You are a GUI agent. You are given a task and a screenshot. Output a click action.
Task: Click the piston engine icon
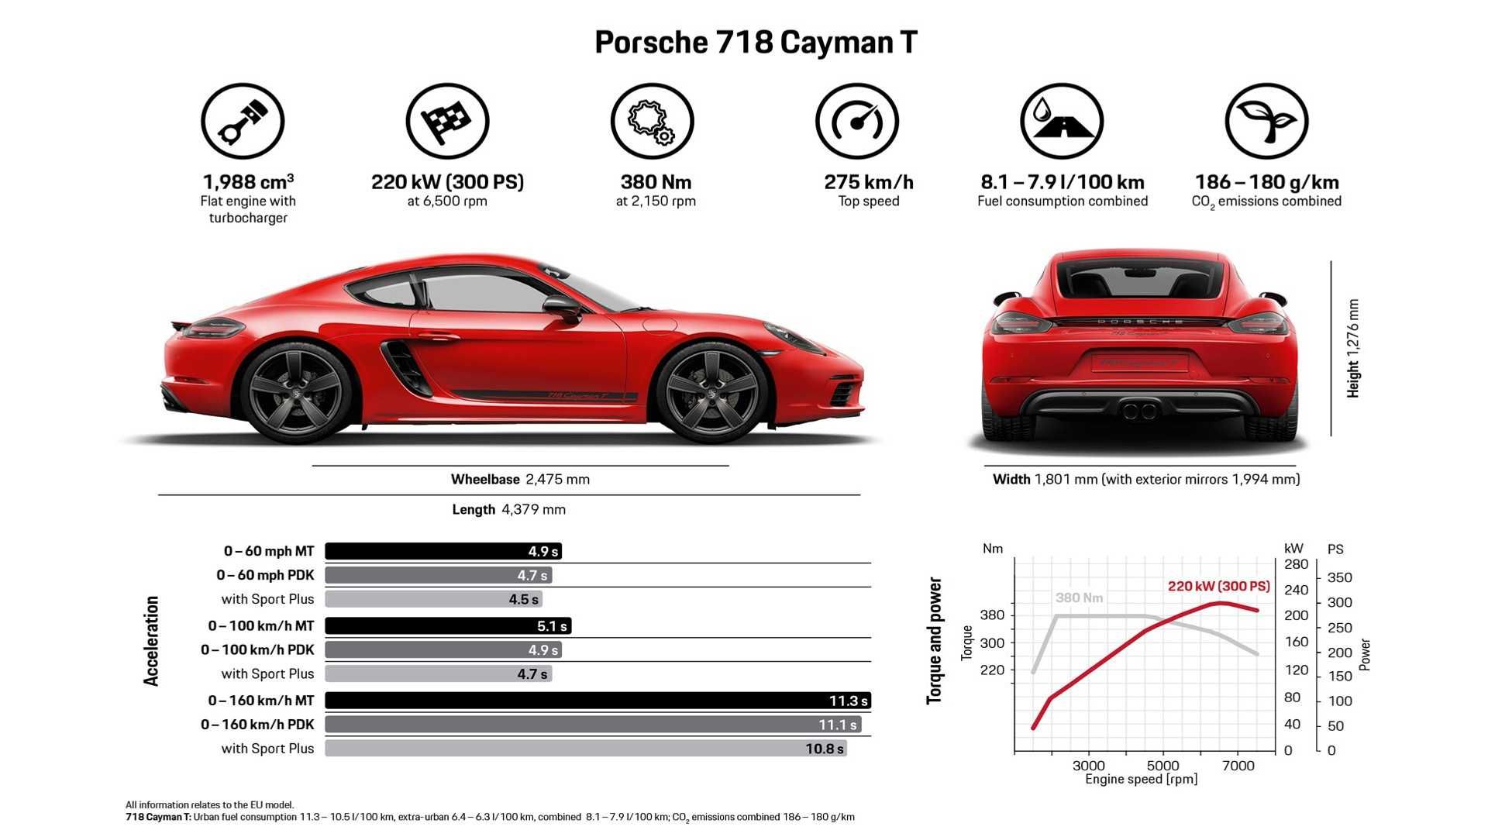pyautogui.click(x=243, y=122)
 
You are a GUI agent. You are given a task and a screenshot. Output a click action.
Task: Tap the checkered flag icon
pyautogui.click(x=447, y=122)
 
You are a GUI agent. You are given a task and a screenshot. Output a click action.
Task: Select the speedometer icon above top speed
pyautogui.click(x=856, y=122)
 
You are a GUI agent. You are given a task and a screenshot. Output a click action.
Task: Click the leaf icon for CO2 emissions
pyautogui.click(x=1266, y=122)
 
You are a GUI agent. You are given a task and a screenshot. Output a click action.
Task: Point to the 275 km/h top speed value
pyautogui.click(x=868, y=182)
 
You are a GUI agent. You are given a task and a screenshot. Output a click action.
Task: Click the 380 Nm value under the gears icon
pyautogui.click(x=656, y=182)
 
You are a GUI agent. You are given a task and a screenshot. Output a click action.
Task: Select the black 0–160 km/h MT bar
pyautogui.click(x=597, y=701)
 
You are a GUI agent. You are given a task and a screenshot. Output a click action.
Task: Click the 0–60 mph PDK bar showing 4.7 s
pyautogui.click(x=438, y=575)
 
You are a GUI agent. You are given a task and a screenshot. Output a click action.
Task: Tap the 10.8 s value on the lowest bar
pyautogui.click(x=824, y=749)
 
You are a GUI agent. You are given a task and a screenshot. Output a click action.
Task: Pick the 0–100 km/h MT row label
pyautogui.click(x=261, y=625)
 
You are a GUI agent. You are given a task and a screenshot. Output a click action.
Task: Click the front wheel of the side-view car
pyautogui.click(x=711, y=392)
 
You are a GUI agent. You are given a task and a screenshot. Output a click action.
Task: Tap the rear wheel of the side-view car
pyautogui.click(x=297, y=392)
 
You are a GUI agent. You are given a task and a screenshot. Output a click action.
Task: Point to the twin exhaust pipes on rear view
pyautogui.click(x=1140, y=410)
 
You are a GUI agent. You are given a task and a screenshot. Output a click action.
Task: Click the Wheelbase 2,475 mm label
pyautogui.click(x=520, y=480)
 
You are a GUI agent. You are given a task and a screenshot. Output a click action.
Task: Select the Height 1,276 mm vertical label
pyautogui.click(x=1353, y=349)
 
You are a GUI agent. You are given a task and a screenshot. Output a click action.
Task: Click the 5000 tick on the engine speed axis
pyautogui.click(x=1162, y=766)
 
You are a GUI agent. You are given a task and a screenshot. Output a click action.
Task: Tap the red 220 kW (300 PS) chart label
pyautogui.click(x=1218, y=587)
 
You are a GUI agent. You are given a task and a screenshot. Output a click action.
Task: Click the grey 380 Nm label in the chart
pyautogui.click(x=1079, y=598)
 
